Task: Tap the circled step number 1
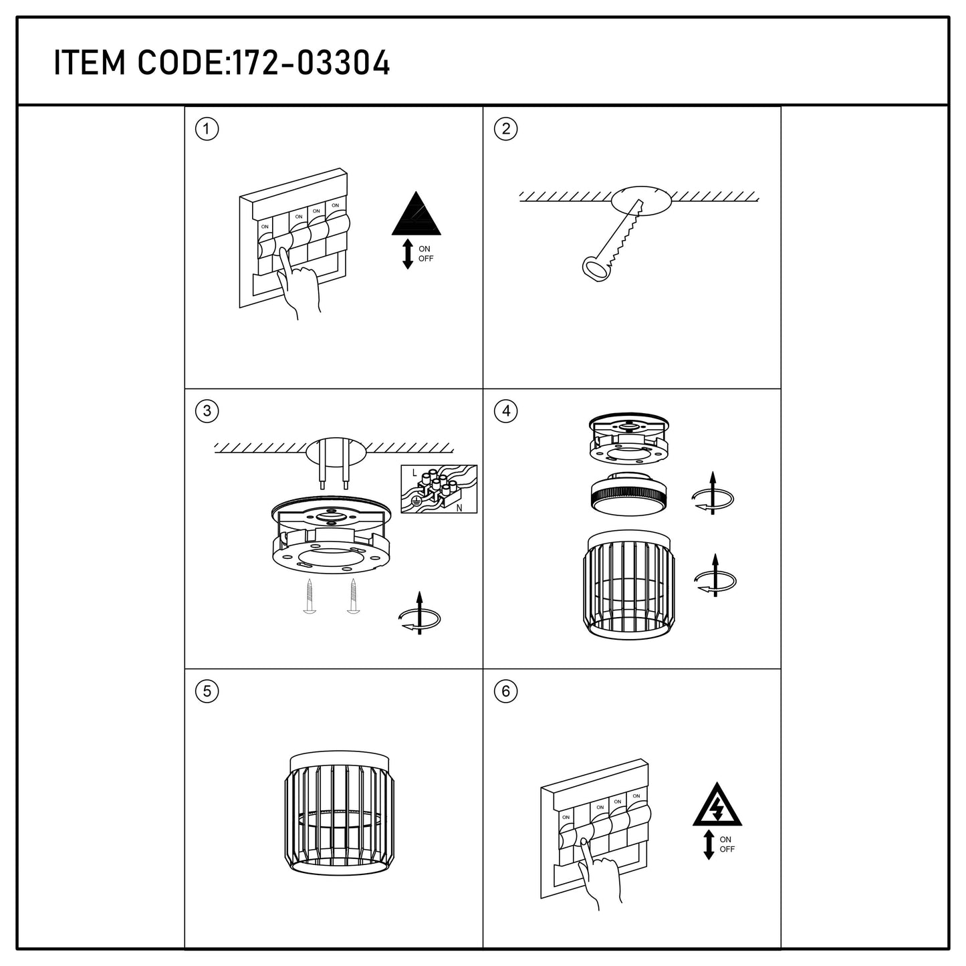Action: pyautogui.click(x=207, y=129)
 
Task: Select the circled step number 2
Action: pyautogui.click(x=505, y=129)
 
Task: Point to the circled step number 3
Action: pyautogui.click(x=207, y=411)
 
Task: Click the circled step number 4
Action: pyautogui.click(x=505, y=411)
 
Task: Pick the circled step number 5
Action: pyautogui.click(x=207, y=692)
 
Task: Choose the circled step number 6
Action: pyautogui.click(x=505, y=692)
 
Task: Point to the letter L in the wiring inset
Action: pyautogui.click(x=414, y=473)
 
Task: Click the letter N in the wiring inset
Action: pyautogui.click(x=459, y=508)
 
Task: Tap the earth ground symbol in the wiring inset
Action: pyautogui.click(x=416, y=500)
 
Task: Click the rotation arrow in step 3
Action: pyautogui.click(x=420, y=614)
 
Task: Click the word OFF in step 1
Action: pyautogui.click(x=426, y=259)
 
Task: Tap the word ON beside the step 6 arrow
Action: pyautogui.click(x=725, y=839)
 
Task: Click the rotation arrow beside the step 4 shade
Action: pyautogui.click(x=715, y=576)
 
